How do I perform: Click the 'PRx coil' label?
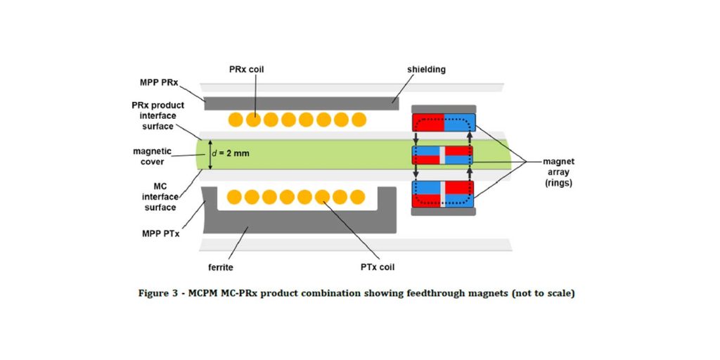click(x=246, y=69)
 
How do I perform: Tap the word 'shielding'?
click(x=426, y=69)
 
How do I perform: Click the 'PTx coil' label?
click(x=376, y=266)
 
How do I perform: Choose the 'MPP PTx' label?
click(x=161, y=233)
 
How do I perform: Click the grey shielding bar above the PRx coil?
click(x=302, y=103)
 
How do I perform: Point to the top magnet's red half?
click(x=427, y=122)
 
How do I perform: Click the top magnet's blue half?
click(x=460, y=122)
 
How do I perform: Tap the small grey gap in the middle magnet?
click(x=442, y=155)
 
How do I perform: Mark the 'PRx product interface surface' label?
click(x=156, y=115)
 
